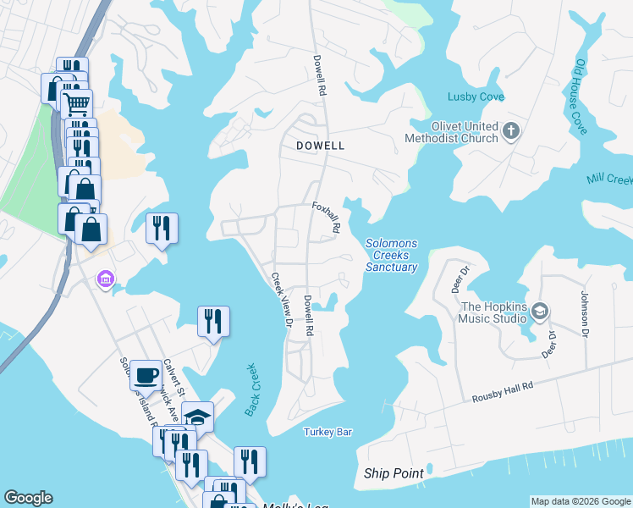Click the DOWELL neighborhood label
(321, 146)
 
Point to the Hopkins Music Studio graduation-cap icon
(539, 312)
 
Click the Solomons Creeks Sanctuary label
(392, 255)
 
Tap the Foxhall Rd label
(326, 217)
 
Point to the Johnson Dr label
(583, 312)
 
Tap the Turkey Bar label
(328, 432)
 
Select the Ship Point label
(394, 473)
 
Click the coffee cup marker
(146, 373)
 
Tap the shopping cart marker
(76, 103)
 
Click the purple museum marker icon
(105, 279)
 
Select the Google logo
(27, 498)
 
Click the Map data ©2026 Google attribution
(580, 501)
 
